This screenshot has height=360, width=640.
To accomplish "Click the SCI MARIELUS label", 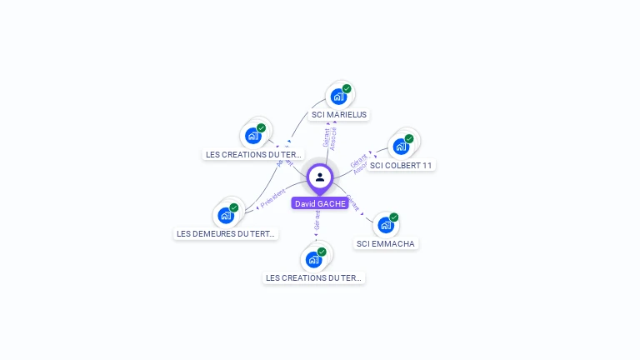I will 338,114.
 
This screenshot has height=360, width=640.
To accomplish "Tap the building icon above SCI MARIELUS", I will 337,96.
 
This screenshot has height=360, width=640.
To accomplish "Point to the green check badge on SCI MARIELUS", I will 347,88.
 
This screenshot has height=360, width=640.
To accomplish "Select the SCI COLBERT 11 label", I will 401,165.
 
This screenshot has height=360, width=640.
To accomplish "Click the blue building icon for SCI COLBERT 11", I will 400,147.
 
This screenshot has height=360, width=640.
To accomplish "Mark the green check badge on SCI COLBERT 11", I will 409,138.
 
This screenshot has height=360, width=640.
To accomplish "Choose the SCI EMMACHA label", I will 385,243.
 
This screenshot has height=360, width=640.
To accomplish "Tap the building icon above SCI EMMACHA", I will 385,225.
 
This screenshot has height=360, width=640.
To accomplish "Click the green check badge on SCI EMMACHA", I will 393,217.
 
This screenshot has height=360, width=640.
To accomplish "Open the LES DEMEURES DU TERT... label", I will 226,234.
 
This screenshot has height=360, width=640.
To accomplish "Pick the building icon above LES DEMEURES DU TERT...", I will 225,215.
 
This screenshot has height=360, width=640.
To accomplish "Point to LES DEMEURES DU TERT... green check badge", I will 234,207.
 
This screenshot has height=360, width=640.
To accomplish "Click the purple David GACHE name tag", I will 320,203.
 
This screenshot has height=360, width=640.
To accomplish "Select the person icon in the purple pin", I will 320,177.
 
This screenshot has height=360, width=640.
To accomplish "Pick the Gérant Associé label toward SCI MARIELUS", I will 329,138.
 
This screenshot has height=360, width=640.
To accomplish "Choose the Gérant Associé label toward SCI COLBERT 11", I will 359,164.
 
